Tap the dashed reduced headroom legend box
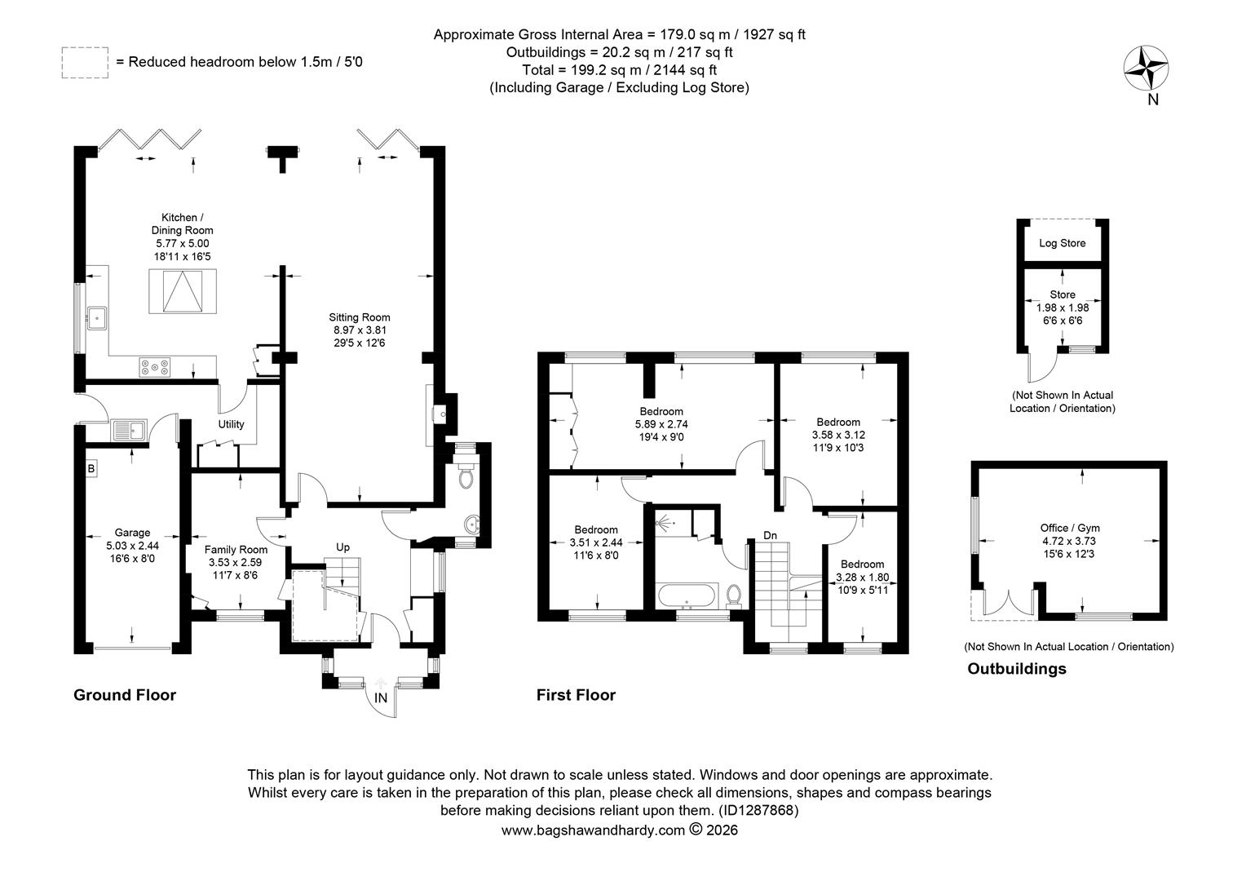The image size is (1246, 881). (85, 62)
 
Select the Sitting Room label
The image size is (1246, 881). (360, 317)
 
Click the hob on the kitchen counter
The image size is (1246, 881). (155, 367)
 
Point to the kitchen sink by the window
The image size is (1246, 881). (96, 318)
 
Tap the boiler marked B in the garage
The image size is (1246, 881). (92, 468)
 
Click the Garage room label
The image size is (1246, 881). (132, 533)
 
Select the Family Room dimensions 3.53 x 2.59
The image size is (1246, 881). (236, 563)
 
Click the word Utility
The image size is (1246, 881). (231, 424)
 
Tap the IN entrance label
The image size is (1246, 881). (381, 698)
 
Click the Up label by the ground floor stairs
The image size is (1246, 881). (342, 547)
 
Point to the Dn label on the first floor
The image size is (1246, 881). (770, 535)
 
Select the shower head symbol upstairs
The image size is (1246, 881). (664, 523)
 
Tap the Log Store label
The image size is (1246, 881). (1063, 243)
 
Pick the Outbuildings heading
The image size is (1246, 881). (1017, 668)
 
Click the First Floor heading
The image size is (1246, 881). (576, 695)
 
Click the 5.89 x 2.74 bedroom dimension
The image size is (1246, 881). (661, 425)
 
